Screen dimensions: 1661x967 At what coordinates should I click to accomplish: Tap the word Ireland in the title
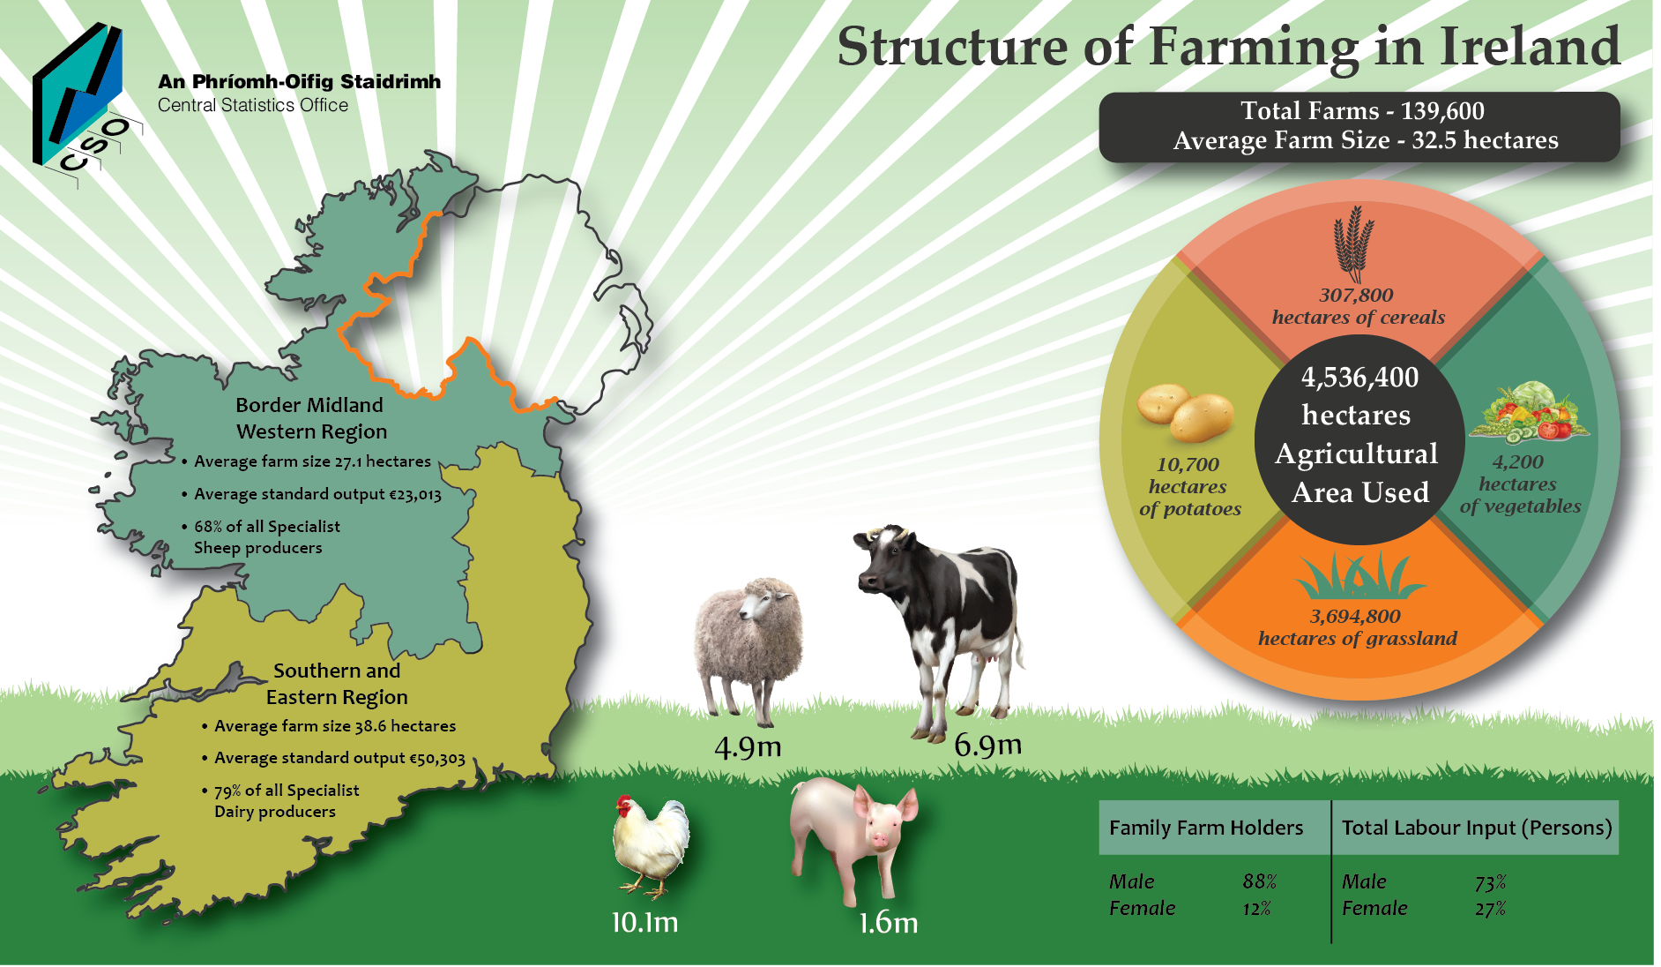tap(1530, 46)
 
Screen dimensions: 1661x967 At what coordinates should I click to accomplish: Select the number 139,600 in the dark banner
tap(1442, 111)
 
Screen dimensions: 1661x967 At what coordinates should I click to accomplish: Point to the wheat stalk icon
tap(1353, 244)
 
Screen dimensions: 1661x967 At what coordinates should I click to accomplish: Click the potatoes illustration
tap(1184, 412)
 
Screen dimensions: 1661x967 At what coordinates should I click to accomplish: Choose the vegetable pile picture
tap(1530, 412)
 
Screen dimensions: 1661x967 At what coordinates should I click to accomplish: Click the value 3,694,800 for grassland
tap(1355, 617)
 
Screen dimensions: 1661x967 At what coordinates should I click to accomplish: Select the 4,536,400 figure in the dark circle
tap(1360, 378)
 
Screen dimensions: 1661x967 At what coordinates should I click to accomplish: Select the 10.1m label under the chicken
tap(645, 923)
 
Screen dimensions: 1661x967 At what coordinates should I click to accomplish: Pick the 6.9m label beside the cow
tap(987, 746)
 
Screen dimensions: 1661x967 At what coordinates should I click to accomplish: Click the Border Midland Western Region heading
tap(311, 418)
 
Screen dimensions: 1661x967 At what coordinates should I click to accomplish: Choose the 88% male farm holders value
tap(1260, 882)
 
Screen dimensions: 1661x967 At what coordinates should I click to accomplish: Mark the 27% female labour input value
tap(1491, 909)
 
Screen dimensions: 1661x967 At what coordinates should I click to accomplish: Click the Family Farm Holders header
tap(1206, 828)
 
